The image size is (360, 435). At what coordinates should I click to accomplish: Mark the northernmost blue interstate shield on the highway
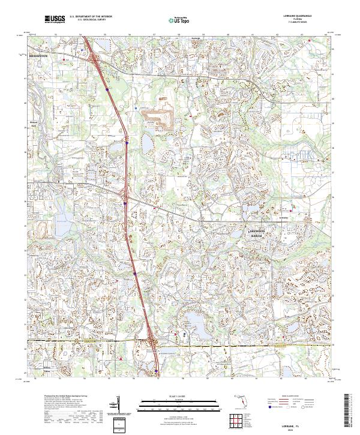point(107,89)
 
